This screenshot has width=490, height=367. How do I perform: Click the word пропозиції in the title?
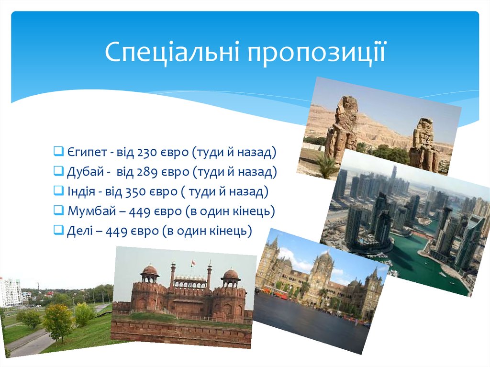pyautogui.click(x=316, y=53)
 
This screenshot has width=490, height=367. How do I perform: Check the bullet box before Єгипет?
pyautogui.click(x=58, y=152)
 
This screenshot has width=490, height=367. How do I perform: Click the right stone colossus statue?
pyautogui.click(x=423, y=144)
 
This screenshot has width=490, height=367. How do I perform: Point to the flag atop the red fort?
pyautogui.click(x=192, y=263)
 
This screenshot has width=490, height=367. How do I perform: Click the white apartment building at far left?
pyautogui.click(x=11, y=291)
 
